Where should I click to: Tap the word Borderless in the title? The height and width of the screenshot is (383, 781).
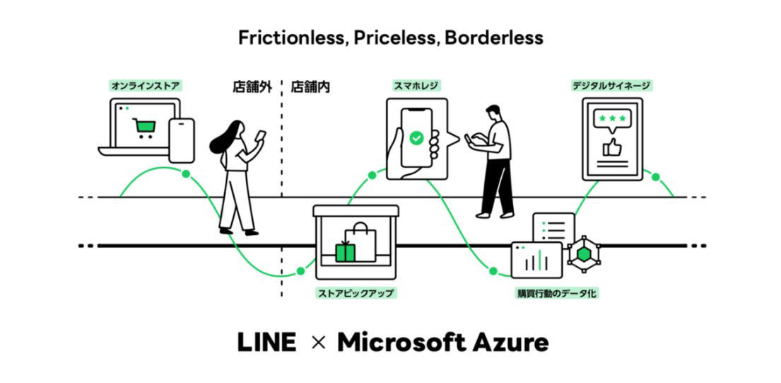pos(493,38)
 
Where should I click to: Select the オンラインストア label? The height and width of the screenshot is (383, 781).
pos(146,86)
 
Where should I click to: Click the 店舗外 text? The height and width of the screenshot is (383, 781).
pos(252,87)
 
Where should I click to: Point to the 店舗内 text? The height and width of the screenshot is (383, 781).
pos(310,87)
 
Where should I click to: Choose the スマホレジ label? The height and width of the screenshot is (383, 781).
pos(416,86)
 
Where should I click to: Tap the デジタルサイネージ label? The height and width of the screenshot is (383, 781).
pos(612,86)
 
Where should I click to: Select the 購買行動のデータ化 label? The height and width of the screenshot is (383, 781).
pos(556,292)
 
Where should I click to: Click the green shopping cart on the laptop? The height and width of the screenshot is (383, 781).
pos(144,127)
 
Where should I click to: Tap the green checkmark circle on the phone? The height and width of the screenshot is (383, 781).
pos(416,138)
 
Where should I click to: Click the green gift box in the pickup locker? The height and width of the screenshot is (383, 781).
pos(345,251)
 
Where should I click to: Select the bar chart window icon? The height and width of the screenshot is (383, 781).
pos(536,260)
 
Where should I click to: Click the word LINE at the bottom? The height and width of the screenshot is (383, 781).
pos(266,343)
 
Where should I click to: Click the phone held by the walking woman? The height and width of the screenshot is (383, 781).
pos(261,136)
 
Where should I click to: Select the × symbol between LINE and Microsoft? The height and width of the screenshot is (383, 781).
pos(317,343)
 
